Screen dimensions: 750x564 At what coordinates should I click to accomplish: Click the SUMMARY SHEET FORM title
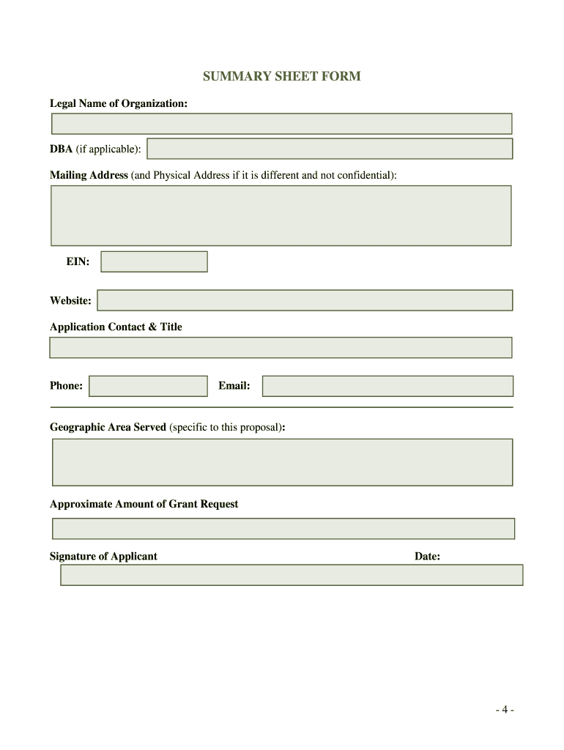[x=282, y=76]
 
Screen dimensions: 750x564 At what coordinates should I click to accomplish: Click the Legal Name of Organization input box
[x=281, y=124]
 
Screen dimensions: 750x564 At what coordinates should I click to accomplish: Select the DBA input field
[x=330, y=149]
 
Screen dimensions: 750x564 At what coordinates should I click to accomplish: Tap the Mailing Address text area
[x=281, y=215]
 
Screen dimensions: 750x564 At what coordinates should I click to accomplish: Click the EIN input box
[x=154, y=261]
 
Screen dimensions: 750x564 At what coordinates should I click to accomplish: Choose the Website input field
[x=305, y=300]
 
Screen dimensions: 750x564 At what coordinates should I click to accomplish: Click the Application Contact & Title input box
[x=281, y=347]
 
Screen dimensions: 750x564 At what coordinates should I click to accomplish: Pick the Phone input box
[x=148, y=386]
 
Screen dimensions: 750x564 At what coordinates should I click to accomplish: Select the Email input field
[x=387, y=386]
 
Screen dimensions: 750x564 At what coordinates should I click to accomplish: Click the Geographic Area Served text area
[x=282, y=462]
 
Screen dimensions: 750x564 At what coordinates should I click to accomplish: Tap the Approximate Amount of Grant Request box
[x=283, y=529]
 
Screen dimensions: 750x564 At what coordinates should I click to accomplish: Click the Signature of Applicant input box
[x=292, y=575]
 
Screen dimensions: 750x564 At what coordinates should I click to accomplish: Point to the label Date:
[x=427, y=557]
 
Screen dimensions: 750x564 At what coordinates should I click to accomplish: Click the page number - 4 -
[x=504, y=710]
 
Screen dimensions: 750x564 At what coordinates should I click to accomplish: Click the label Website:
[x=70, y=300]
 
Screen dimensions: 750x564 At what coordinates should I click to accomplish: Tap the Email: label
[x=234, y=386]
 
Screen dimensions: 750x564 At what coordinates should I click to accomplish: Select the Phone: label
[x=66, y=386]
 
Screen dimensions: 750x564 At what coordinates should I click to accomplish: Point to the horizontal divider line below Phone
[x=281, y=407]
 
